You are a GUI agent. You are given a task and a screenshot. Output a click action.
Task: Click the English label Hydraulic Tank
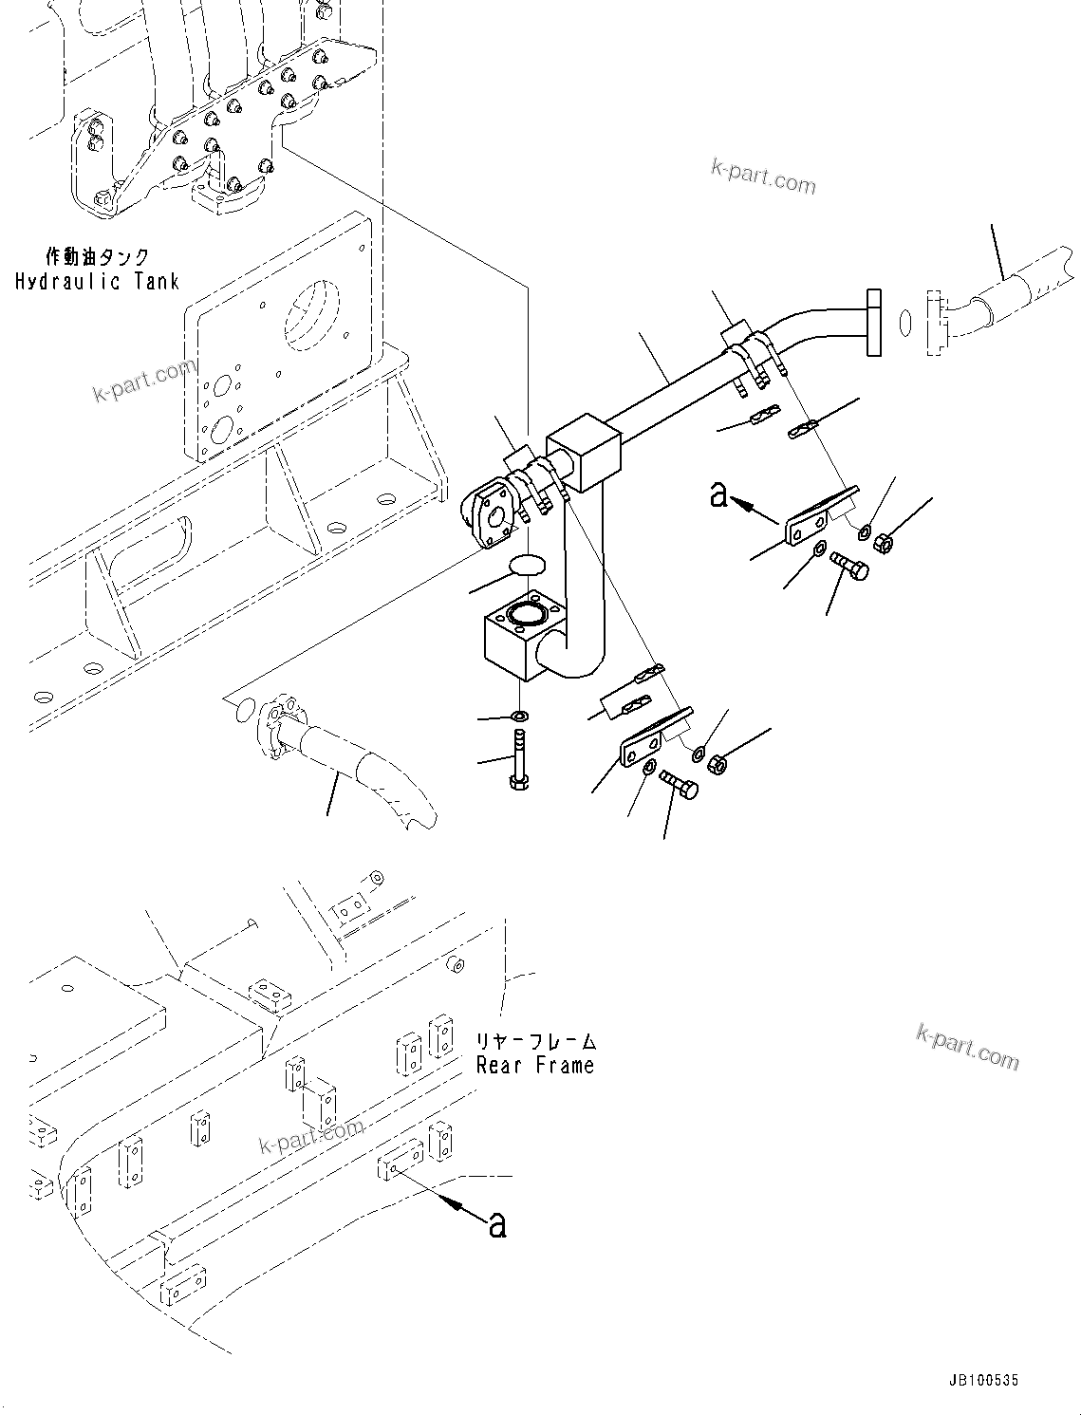[97, 282]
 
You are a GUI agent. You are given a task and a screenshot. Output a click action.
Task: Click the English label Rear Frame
[535, 1065]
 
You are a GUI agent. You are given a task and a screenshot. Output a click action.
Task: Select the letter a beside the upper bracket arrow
[719, 494]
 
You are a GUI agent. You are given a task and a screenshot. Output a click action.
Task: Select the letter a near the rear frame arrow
[496, 1224]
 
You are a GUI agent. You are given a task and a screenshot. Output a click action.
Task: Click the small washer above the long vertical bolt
[519, 714]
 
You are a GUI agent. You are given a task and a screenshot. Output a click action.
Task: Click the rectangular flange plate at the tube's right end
[873, 325]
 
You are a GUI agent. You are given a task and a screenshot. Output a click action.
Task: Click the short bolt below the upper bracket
[850, 566]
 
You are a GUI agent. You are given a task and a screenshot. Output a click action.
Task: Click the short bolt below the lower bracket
[680, 784]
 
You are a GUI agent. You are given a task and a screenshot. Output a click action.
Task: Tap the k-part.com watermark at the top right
[763, 176]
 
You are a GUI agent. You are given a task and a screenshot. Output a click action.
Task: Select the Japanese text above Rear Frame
[535, 1041]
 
